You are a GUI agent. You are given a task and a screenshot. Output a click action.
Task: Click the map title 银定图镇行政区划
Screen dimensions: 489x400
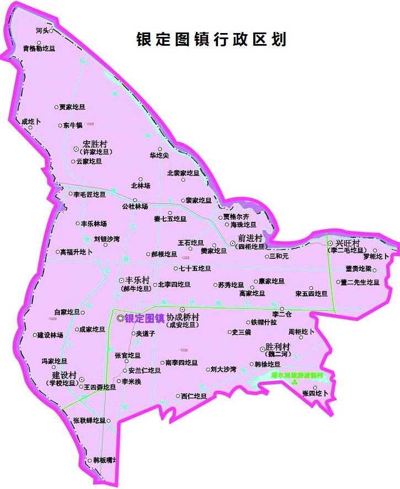211,40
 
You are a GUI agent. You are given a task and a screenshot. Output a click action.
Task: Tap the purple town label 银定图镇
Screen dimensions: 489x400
145,318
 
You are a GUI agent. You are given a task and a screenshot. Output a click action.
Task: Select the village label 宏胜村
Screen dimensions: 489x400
95,144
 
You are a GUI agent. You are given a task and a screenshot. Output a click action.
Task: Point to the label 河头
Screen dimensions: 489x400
42,31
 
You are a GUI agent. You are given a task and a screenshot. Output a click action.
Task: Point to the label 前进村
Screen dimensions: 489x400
250,238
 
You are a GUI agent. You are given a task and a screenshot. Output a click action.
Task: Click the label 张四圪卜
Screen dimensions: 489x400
316,393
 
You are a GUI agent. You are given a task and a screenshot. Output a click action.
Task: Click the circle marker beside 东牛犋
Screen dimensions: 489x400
60,126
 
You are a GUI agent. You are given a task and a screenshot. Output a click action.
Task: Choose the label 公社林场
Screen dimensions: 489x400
135,207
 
